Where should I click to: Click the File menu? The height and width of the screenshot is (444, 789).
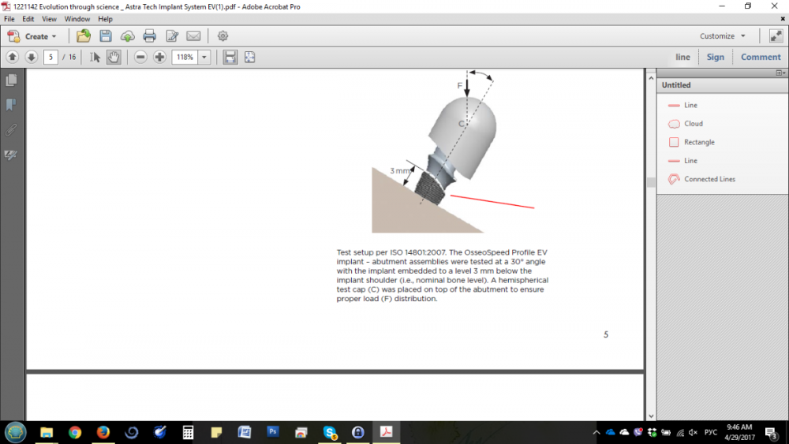9,19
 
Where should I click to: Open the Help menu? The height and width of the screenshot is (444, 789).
105,19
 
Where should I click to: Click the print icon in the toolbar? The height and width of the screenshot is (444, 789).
149,36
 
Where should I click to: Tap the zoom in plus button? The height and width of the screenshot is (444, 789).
159,58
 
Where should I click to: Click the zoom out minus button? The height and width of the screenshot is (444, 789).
141,58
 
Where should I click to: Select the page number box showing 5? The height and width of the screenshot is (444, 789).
50,58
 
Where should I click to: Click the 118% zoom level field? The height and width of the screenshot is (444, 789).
185,58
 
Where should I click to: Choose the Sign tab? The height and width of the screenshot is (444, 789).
715,58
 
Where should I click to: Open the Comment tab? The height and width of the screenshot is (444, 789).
761,58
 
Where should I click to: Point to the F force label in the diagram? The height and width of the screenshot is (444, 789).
459,86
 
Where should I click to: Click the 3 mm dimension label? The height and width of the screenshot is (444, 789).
400,171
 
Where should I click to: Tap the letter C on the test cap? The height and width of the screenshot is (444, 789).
461,124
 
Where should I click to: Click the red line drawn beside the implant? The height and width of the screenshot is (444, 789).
492,201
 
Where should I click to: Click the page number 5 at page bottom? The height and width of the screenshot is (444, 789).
606,334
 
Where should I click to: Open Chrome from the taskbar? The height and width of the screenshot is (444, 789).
75,432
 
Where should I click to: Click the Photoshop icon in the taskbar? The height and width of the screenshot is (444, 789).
273,432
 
